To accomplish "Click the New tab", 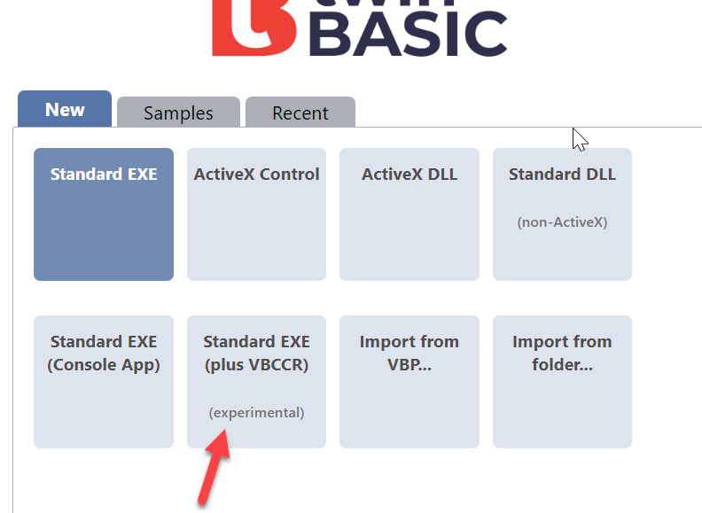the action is [x=65, y=109].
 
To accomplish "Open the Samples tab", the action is [x=178, y=113].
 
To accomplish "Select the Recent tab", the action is [x=300, y=113].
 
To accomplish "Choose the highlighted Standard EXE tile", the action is [x=104, y=214].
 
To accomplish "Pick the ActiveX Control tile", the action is [x=256, y=214].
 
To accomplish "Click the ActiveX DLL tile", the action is [x=409, y=214].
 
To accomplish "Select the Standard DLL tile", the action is [x=562, y=214].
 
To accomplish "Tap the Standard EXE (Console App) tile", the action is [x=104, y=382].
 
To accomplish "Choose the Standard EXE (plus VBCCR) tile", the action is [x=256, y=382].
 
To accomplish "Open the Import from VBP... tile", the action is [x=409, y=382].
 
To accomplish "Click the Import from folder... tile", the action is [x=562, y=382].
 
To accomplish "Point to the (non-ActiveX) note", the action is [x=562, y=222].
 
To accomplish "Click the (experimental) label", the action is [x=256, y=412].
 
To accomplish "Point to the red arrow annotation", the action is [x=214, y=467].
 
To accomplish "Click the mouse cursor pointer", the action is [x=580, y=140].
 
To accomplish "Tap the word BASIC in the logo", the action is [x=409, y=34].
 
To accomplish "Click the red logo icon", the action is [x=253, y=27].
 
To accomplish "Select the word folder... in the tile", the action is [x=562, y=364].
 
